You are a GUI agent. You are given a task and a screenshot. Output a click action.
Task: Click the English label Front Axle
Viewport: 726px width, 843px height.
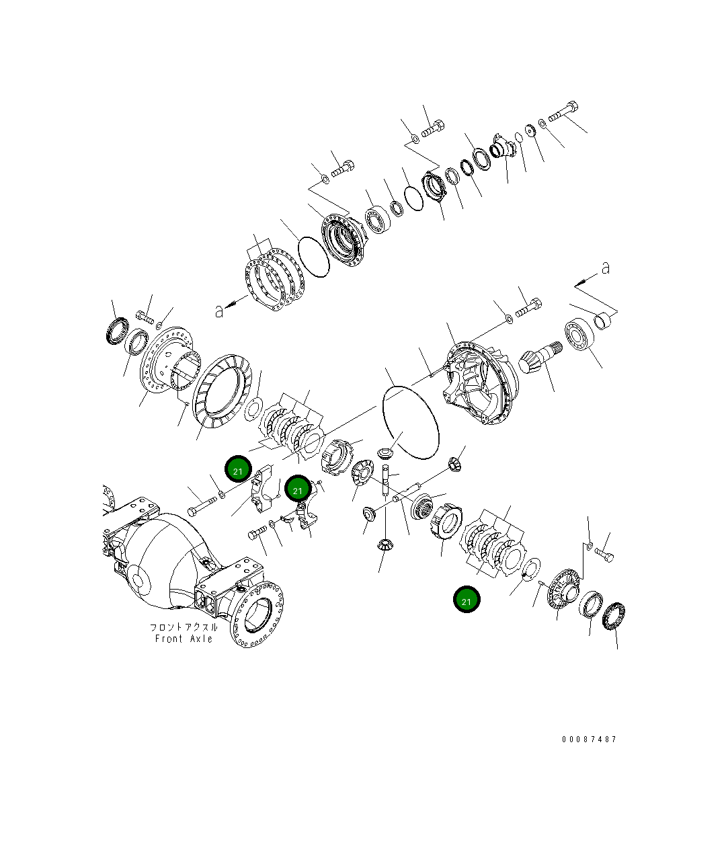(184, 639)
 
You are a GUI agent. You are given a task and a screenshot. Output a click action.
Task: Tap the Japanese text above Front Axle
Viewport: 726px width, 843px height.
(184, 627)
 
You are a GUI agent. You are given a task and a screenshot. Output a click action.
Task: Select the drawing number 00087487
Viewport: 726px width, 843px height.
(589, 739)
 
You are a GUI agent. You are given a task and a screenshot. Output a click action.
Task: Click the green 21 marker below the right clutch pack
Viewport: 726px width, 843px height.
(467, 600)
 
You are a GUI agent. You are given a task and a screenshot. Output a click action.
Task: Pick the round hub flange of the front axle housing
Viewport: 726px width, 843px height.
(259, 615)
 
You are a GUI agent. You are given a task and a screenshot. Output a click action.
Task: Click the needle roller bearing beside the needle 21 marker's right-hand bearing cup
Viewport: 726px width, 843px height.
(613, 618)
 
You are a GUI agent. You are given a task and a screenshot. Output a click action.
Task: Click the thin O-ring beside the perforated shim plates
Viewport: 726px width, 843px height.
(312, 255)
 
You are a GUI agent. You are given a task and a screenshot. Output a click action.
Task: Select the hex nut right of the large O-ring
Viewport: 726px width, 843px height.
(454, 463)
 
